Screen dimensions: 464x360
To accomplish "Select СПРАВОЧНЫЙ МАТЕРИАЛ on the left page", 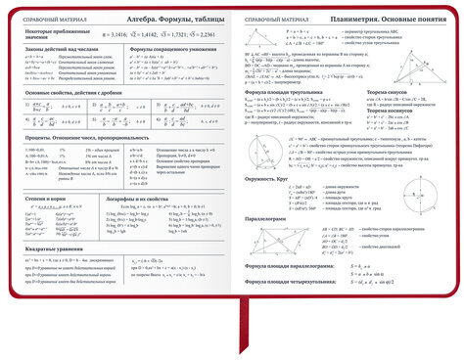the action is (x=42, y=20).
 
